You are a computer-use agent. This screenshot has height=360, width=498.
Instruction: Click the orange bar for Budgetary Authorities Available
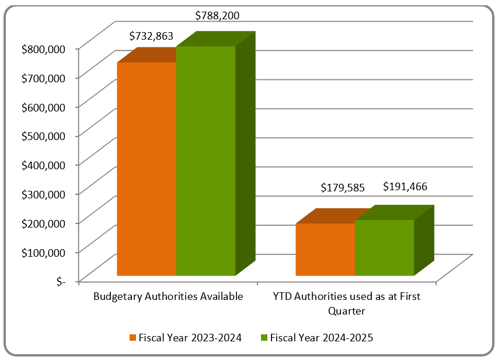pos(147,169)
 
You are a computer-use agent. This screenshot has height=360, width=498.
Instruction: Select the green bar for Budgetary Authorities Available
pos(206,160)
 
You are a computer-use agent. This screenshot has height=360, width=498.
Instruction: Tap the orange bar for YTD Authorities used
pos(325,249)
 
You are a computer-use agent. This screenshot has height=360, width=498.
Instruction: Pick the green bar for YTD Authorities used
pos(384,247)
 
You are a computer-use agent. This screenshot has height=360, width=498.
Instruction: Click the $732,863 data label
pos(151,36)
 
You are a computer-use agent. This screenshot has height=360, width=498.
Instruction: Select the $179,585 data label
pos(343,188)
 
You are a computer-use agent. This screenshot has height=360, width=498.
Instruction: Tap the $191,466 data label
pos(405,187)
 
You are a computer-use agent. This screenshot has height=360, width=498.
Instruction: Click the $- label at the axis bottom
pos(61,281)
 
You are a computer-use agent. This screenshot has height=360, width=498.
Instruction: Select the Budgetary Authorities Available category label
pos(168,296)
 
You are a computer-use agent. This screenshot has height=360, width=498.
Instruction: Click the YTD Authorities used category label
pos(347,303)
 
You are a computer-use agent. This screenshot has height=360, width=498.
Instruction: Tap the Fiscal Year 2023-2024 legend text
pos(190,338)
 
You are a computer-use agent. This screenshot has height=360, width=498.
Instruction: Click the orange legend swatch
pos(133,338)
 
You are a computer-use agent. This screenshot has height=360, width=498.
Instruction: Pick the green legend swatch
pos(264,338)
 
